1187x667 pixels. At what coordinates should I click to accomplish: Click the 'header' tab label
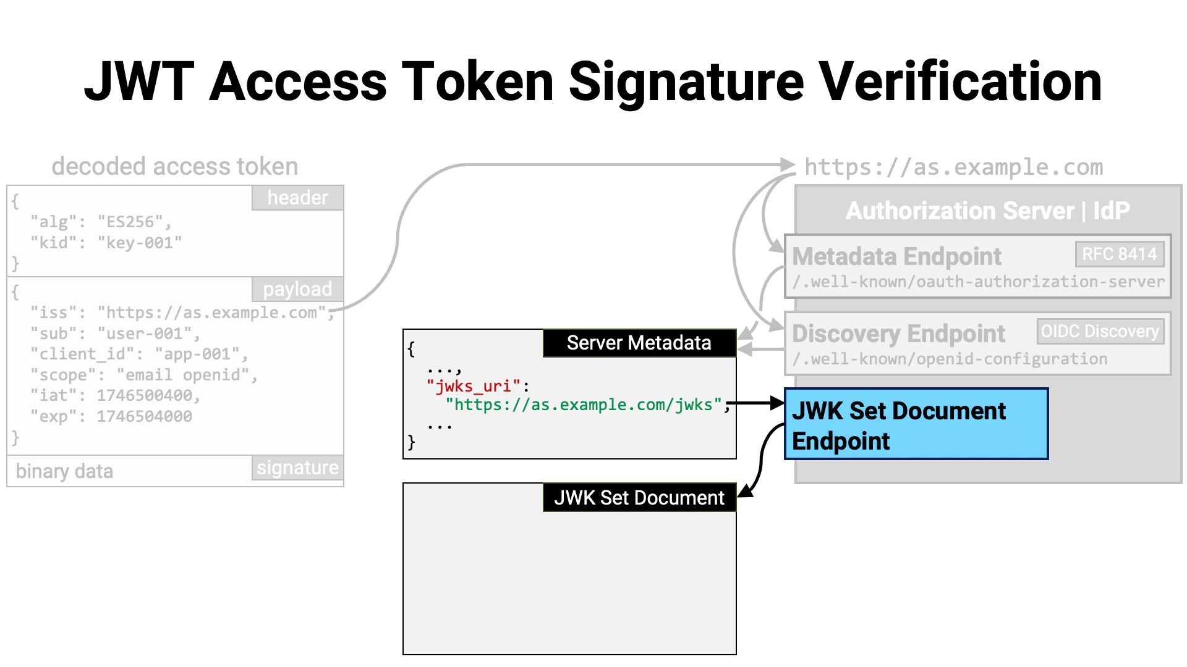pos(297,198)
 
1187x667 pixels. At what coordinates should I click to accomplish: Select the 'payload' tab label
pos(297,289)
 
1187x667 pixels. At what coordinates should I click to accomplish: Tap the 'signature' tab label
pos(297,468)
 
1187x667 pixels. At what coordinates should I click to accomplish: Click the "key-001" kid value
pos(139,243)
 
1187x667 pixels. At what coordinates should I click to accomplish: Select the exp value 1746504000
pos(144,416)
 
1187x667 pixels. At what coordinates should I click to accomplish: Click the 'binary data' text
pos(64,471)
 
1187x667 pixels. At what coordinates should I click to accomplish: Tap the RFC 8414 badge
pos(1119,254)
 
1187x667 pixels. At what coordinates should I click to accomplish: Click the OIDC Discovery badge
pos(1100,331)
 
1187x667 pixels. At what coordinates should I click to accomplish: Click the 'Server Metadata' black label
pos(639,343)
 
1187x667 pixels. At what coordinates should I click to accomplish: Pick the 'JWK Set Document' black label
pos(639,498)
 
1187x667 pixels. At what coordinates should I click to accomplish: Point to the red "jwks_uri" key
pos(473,386)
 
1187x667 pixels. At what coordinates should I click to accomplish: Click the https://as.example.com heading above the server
pos(953,167)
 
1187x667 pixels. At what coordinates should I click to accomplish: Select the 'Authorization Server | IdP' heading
pos(987,211)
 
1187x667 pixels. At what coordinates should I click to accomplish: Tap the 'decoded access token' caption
pos(174,167)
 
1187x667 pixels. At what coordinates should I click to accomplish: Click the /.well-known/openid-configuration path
pos(950,359)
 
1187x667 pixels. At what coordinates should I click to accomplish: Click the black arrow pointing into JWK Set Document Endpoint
pos(757,403)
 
